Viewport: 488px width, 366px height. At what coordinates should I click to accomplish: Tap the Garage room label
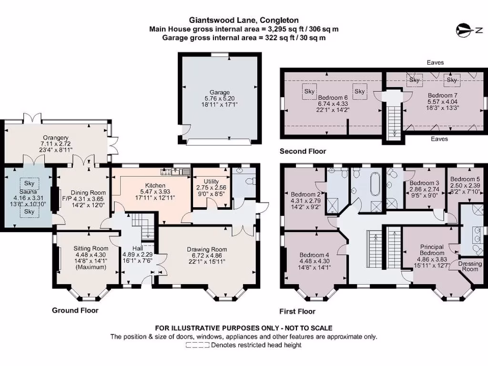(220, 92)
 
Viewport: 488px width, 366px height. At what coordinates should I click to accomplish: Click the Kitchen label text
(155, 185)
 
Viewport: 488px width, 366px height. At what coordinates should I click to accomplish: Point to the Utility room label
(210, 181)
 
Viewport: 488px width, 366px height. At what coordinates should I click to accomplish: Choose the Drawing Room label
(207, 249)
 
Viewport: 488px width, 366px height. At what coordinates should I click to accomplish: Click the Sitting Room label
(91, 248)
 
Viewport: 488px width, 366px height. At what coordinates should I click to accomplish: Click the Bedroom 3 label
(424, 183)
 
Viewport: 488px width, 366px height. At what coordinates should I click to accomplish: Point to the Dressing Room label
(470, 266)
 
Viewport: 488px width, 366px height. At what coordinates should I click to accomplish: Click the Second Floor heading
(303, 151)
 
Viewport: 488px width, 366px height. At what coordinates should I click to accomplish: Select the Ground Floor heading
(75, 310)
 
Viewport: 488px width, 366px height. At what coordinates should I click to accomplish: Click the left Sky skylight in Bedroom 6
(309, 91)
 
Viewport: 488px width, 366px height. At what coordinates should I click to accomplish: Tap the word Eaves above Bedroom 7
(436, 62)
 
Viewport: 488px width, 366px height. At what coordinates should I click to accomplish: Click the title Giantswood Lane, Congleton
(244, 20)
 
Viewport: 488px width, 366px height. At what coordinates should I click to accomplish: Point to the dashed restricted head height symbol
(198, 345)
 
